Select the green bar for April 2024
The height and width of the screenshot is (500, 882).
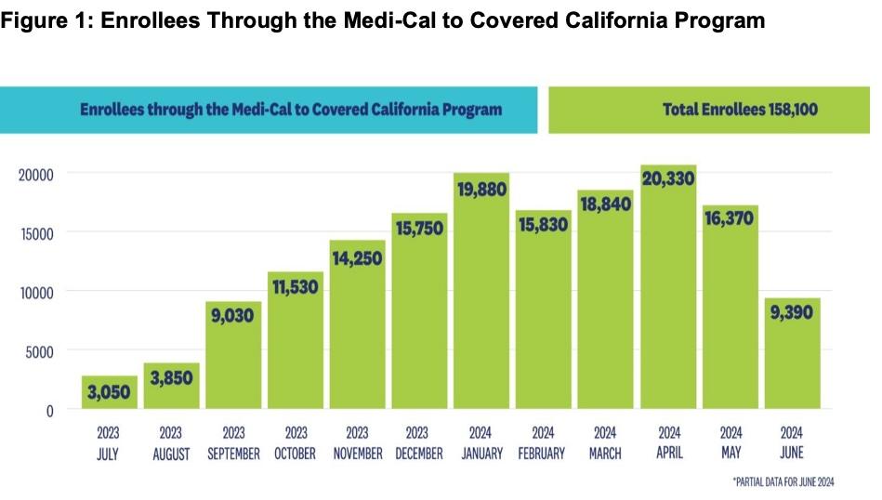(668, 307)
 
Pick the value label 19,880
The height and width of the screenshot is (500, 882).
(481, 191)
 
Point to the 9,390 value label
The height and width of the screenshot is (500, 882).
(792, 312)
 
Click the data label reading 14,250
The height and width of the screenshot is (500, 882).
(357, 257)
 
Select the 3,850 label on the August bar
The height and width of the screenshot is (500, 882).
(171, 378)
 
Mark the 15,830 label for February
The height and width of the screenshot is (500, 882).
(544, 225)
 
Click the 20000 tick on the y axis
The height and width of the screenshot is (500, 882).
(37, 174)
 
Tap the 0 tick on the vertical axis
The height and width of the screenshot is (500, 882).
(50, 410)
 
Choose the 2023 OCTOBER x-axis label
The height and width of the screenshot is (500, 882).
(296, 443)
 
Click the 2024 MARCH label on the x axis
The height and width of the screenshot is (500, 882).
(605, 443)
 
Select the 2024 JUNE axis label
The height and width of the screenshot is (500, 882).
(792, 443)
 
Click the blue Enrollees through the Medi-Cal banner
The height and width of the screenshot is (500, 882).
(269, 110)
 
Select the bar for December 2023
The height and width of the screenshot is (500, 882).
(419, 316)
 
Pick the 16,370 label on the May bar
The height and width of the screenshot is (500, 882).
(730, 218)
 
